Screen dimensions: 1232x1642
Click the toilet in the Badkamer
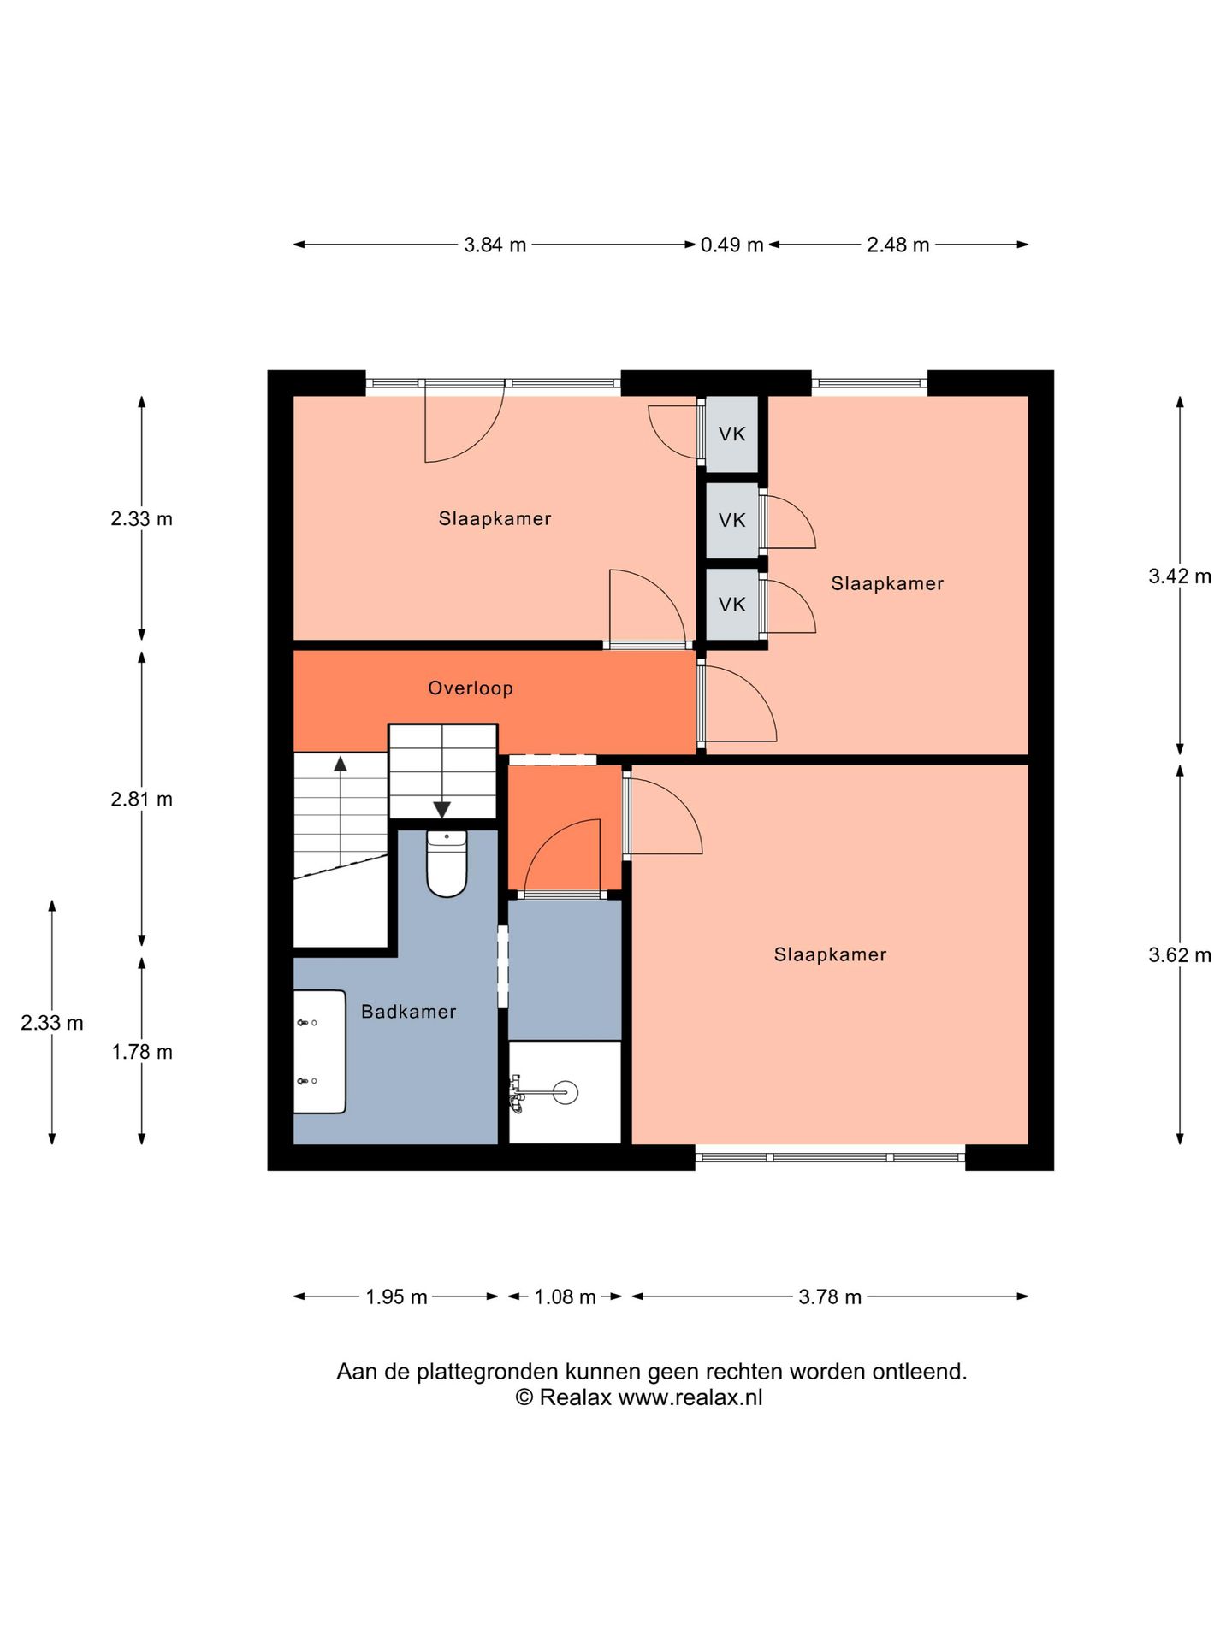(x=447, y=863)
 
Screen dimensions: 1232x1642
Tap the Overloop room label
(x=471, y=688)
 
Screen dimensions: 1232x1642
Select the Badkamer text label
(x=409, y=1012)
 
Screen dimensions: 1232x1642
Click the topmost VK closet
(x=732, y=434)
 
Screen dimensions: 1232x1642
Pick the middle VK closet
(x=732, y=520)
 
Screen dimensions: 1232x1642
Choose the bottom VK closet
(x=732, y=605)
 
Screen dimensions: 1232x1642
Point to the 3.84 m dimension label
(x=495, y=245)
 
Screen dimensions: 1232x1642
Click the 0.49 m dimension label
(x=732, y=245)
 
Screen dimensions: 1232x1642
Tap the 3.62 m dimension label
(x=1180, y=955)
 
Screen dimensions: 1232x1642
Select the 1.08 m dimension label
(x=566, y=1297)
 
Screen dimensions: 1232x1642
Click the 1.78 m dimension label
(x=142, y=1053)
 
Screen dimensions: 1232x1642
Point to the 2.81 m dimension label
(x=142, y=800)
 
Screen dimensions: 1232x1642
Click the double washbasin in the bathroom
(x=319, y=1052)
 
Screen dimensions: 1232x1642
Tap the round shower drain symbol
(x=566, y=1092)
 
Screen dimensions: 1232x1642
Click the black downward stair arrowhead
(x=442, y=810)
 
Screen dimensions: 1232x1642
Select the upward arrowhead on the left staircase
(x=341, y=764)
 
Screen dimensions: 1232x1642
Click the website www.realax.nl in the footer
(x=690, y=1397)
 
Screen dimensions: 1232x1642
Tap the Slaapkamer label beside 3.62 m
(x=831, y=955)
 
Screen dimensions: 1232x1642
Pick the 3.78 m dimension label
(x=830, y=1297)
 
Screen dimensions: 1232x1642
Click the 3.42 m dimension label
(x=1180, y=576)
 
